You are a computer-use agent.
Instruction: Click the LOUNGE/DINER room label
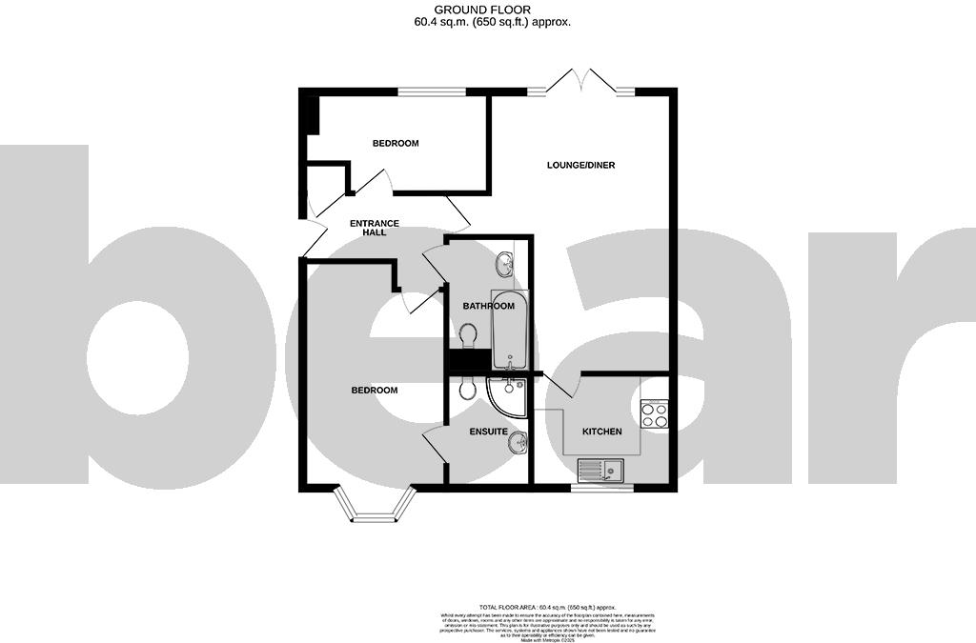coord(580,165)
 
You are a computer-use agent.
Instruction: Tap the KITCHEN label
coord(601,432)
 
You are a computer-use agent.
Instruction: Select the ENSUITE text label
coord(488,432)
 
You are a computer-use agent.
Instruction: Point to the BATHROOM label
coord(488,306)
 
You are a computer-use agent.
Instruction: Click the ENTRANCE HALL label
coord(374,227)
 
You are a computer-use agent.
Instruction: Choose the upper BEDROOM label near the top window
coord(395,143)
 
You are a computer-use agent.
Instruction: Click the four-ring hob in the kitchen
coord(654,414)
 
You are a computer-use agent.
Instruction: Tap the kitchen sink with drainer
coord(600,469)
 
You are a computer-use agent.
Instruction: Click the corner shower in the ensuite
coord(503,396)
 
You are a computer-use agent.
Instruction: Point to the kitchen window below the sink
coord(601,488)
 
